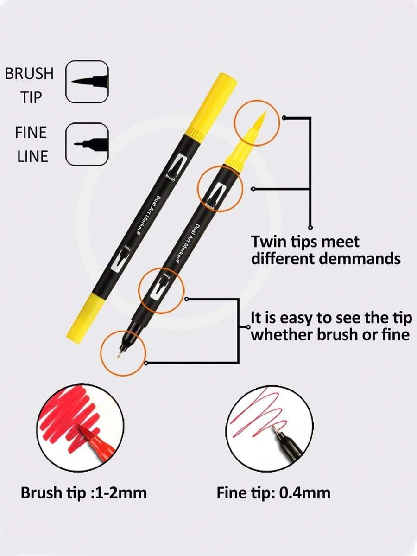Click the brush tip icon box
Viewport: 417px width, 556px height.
pos(87,81)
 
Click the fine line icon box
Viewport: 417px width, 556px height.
pos(87,144)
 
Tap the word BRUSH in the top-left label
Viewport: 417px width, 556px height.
pos(29,74)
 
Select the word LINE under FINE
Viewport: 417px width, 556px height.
pos(32,156)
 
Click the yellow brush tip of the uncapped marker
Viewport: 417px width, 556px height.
pos(258,124)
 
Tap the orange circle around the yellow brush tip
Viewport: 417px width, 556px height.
pos(257,123)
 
